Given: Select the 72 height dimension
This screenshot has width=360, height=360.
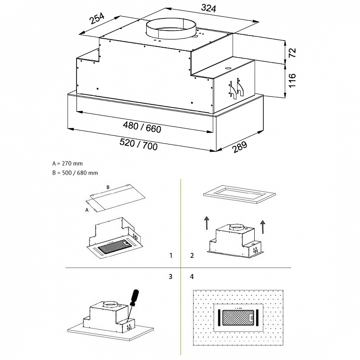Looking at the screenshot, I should tap(292, 52).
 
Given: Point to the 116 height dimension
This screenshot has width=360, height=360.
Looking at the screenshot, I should tap(292, 81).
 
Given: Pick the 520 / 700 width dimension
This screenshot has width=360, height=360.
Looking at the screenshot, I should tap(139, 145).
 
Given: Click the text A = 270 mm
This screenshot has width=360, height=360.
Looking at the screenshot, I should tap(67, 164).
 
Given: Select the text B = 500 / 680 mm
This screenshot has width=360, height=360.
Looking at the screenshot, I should tap(75, 173).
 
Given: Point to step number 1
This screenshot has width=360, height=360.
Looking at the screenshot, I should tap(171, 256).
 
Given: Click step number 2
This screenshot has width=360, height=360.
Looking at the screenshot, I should tap(192, 256).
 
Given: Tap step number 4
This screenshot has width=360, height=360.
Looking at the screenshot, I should tap(192, 276).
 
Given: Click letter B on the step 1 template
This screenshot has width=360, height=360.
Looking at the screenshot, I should tap(108, 186).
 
